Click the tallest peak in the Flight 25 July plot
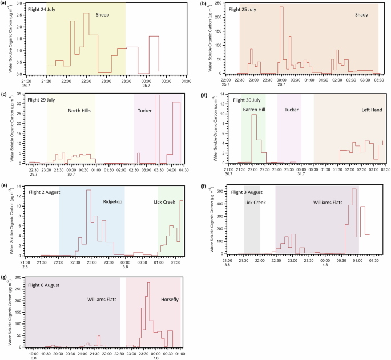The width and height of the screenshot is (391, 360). click(281, 7)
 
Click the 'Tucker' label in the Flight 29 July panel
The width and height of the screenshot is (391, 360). click(145, 111)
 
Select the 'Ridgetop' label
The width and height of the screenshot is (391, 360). click(112, 201)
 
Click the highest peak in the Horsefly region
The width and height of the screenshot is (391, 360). click(148, 283)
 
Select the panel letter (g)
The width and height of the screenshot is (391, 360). click(5, 277)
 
